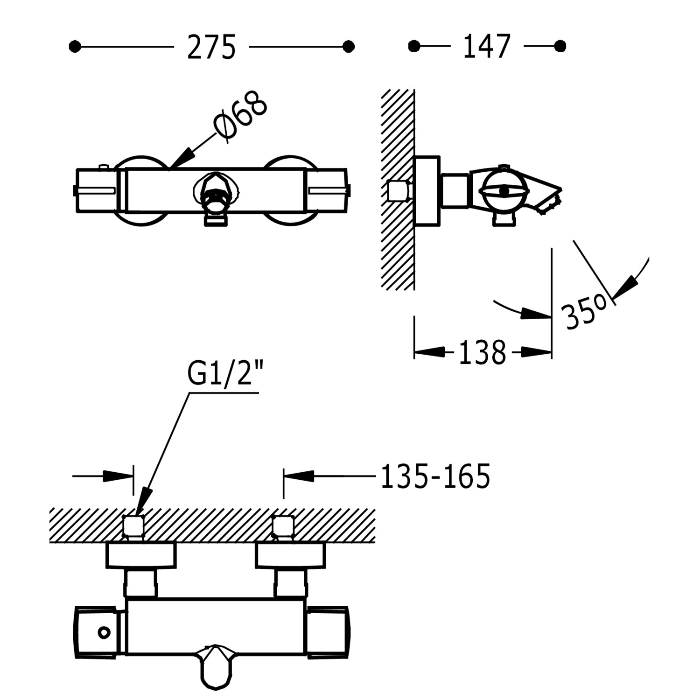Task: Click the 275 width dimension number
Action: (211, 47)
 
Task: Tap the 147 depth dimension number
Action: (487, 47)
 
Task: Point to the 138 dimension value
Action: (483, 352)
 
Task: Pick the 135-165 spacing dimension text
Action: (435, 476)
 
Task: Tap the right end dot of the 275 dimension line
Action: (348, 47)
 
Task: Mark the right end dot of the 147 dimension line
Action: (560, 46)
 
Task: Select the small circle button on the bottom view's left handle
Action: (104, 632)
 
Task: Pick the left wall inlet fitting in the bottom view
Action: (133, 527)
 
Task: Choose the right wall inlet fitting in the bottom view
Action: (283, 527)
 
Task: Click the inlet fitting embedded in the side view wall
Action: (399, 191)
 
